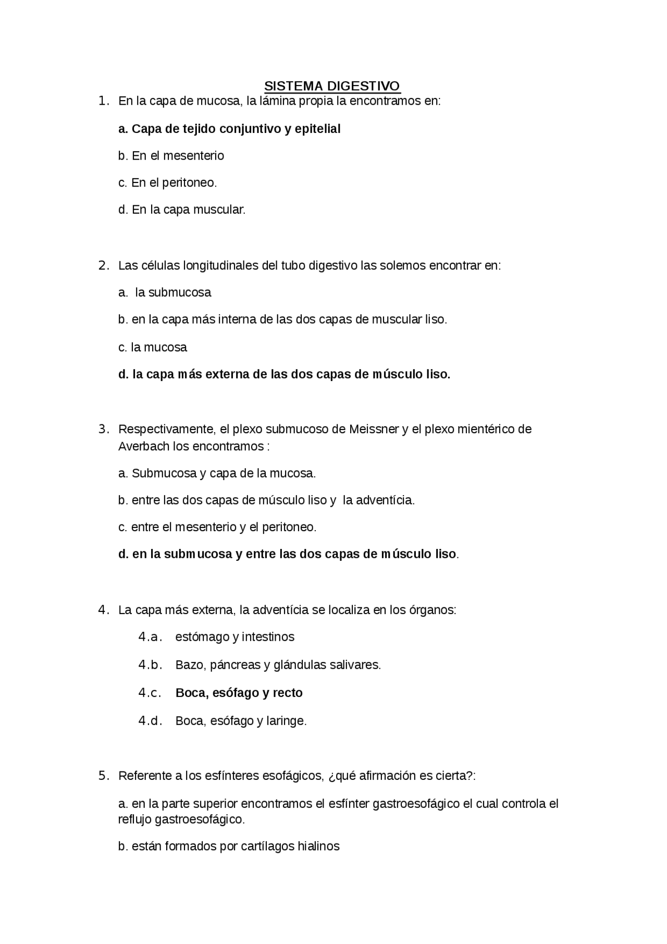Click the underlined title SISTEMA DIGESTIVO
pyautogui.click(x=332, y=86)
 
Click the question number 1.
pyautogui.click(x=103, y=101)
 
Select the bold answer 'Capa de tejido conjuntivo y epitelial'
pyautogui.click(x=229, y=129)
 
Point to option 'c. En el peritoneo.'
pyautogui.click(x=167, y=183)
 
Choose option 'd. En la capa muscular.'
pyautogui.click(x=181, y=210)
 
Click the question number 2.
pyautogui.click(x=103, y=265)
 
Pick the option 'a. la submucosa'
pyautogui.click(x=165, y=292)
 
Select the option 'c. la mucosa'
pyautogui.click(x=152, y=348)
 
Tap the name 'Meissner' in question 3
pyautogui.click(x=374, y=430)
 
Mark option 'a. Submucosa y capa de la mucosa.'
pyautogui.click(x=217, y=474)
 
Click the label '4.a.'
pyautogui.click(x=150, y=637)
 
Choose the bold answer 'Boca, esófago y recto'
pyautogui.click(x=239, y=693)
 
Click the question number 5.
pyautogui.click(x=103, y=776)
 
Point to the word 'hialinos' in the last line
pyautogui.click(x=318, y=847)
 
